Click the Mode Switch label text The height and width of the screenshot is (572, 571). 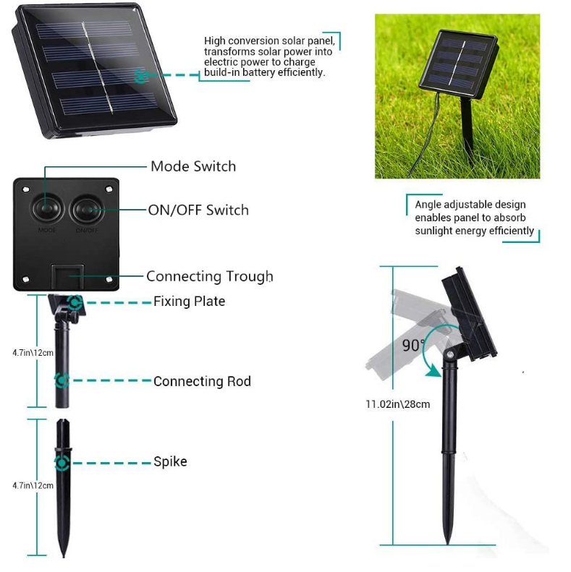tap(193, 166)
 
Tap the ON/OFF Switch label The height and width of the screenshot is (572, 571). tap(198, 210)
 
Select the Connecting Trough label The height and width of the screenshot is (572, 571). tap(209, 276)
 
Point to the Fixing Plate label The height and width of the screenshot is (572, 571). tap(189, 302)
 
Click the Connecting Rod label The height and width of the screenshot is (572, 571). tap(202, 381)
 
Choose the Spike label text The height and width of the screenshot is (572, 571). tap(170, 461)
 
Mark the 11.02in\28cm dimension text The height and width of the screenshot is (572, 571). tap(397, 404)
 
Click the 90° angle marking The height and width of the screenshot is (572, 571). tap(413, 346)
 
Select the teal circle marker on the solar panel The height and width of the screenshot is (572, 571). tap(141, 74)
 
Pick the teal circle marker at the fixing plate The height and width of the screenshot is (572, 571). tap(72, 302)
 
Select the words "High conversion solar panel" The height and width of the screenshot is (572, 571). tap(269, 41)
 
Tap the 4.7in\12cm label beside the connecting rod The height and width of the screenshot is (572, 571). tap(33, 353)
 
